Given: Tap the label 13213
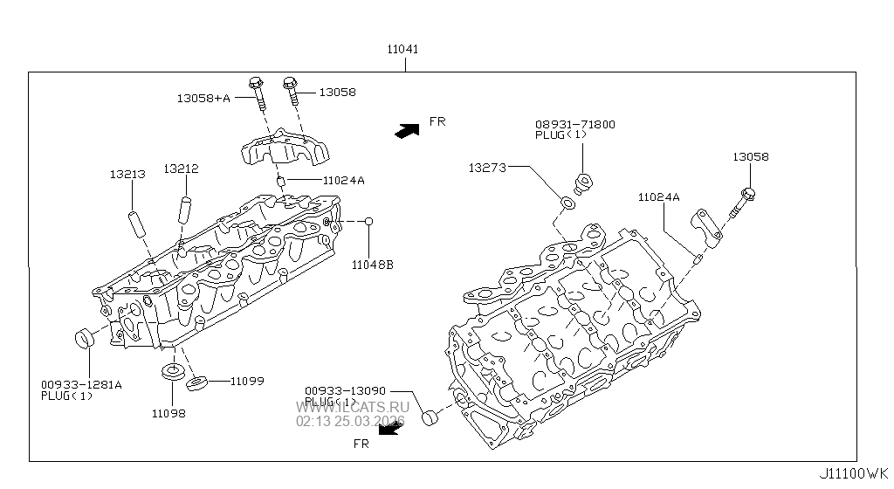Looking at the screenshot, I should pyautogui.click(x=127, y=175).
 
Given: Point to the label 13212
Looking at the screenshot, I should pyautogui.click(x=180, y=169).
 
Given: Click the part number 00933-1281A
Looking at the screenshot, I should pyautogui.click(x=80, y=384).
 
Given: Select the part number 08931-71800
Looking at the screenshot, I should pyautogui.click(x=574, y=125).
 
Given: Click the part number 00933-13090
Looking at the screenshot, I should pyautogui.click(x=345, y=390).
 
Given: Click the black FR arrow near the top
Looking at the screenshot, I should pyautogui.click(x=406, y=130).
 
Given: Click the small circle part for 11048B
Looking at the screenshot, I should pyautogui.click(x=369, y=222).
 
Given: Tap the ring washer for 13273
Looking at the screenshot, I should pyautogui.click(x=566, y=203).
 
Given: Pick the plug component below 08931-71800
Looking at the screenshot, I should pyautogui.click(x=583, y=183).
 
